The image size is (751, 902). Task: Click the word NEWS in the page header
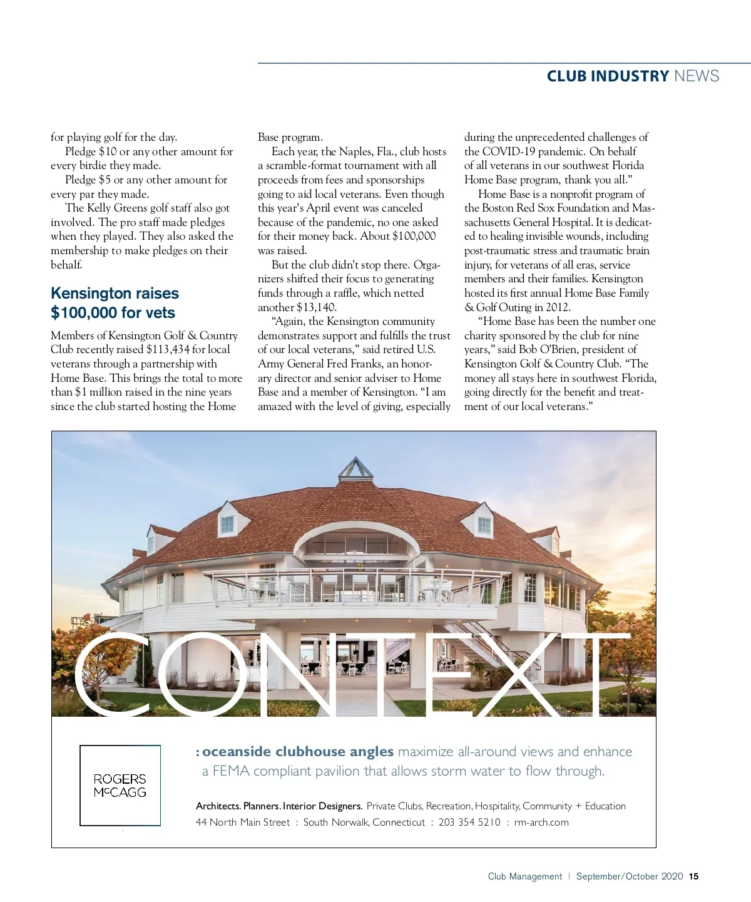(x=696, y=76)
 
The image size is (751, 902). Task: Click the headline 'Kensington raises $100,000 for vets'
(x=115, y=303)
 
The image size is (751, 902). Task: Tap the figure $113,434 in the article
(x=167, y=349)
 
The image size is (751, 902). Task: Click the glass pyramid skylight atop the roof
(x=355, y=468)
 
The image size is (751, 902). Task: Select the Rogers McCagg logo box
(x=120, y=786)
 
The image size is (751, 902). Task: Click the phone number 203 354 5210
(x=469, y=823)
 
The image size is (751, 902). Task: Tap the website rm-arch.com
(x=541, y=823)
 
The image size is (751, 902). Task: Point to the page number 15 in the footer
(x=693, y=876)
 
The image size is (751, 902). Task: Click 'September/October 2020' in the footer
(x=629, y=876)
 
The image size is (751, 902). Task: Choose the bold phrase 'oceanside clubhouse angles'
(x=298, y=752)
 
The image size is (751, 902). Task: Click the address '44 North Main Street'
(x=243, y=823)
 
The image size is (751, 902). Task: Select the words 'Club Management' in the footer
(x=525, y=876)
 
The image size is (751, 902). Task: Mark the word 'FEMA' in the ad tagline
(x=231, y=771)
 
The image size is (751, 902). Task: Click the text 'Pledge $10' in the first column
(x=91, y=151)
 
